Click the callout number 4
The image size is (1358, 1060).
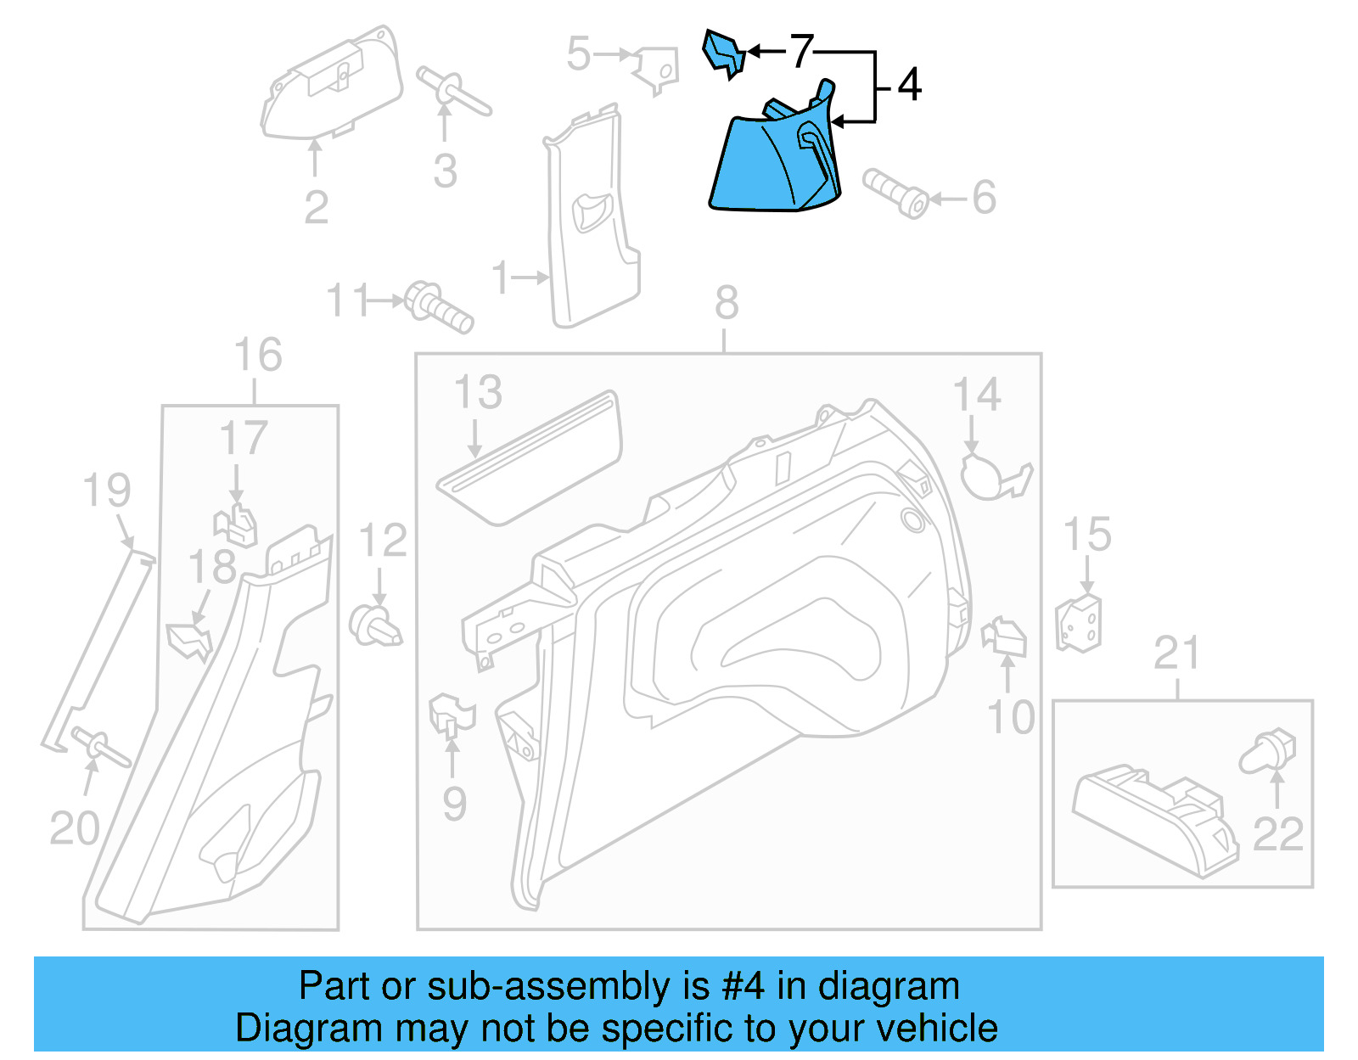[x=909, y=86]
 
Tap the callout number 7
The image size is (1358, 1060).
[x=801, y=52]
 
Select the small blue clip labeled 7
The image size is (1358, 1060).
[x=723, y=53]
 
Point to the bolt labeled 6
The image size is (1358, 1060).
[x=895, y=193]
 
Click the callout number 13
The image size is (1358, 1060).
[x=478, y=393]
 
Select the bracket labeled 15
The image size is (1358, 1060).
[x=1079, y=624]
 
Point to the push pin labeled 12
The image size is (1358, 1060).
[x=374, y=625]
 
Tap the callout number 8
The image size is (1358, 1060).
[x=727, y=303]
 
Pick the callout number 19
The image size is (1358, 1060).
[x=107, y=491]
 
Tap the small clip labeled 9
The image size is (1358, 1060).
[x=451, y=715]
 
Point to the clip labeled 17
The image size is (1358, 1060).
[x=238, y=526]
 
